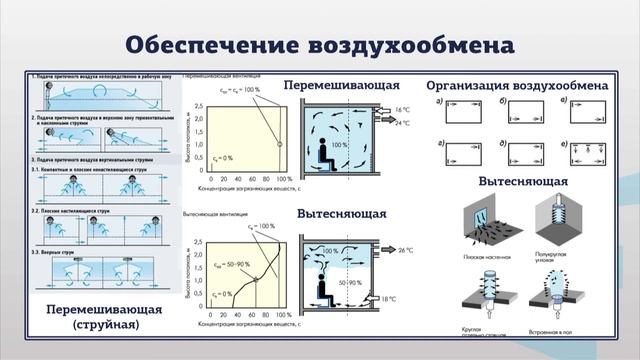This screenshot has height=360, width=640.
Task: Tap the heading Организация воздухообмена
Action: [x=517, y=85]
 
